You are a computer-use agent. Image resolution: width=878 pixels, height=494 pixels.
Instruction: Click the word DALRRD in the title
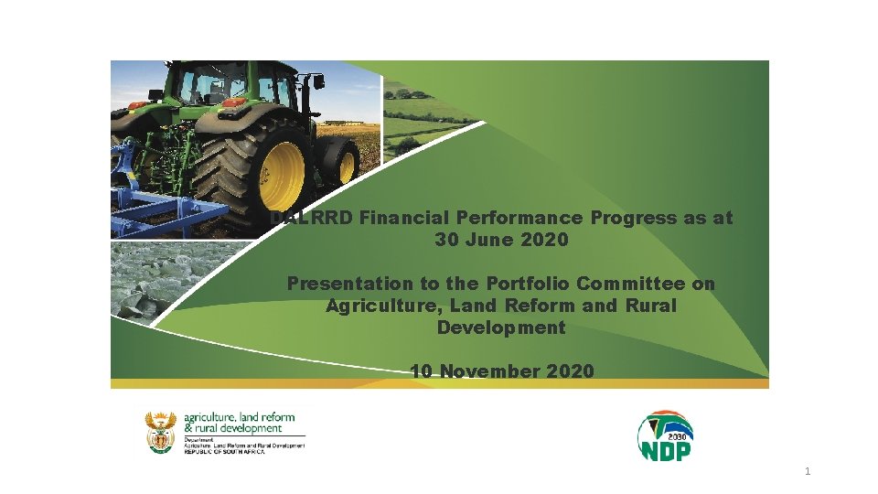pos(312,219)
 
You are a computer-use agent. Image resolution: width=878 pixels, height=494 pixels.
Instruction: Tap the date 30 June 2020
pos(501,241)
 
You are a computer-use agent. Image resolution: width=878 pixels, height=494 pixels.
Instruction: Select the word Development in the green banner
pos(501,328)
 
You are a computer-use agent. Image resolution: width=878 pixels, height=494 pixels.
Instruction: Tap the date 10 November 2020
pos(502,371)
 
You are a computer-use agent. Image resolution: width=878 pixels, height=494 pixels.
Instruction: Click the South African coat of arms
pos(160,432)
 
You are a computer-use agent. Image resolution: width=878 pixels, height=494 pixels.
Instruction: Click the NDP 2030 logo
pos(665,436)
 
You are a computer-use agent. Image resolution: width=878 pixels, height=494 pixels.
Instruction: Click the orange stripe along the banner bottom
pos(439,384)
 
